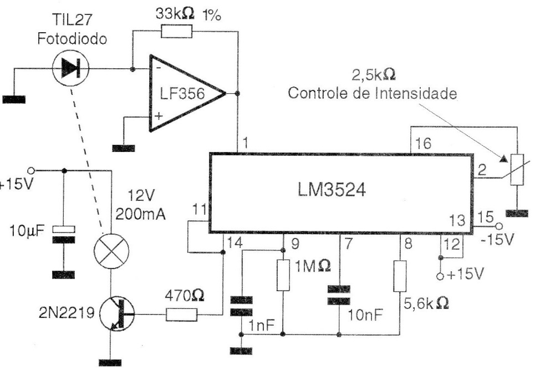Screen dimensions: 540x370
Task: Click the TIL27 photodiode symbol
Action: pyautogui.click(x=70, y=69)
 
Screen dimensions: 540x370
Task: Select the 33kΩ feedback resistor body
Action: pyautogui.click(x=177, y=32)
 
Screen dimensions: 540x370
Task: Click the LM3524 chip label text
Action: pyautogui.click(x=332, y=190)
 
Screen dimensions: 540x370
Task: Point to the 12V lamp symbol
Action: pyautogui.click(x=111, y=250)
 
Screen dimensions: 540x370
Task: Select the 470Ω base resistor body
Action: pyautogui.click(x=181, y=315)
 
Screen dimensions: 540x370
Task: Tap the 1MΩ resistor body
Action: pyautogui.click(x=283, y=275)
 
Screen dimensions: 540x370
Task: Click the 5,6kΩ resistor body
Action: pyautogui.click(x=400, y=276)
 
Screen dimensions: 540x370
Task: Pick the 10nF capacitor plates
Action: pyautogui.click(x=339, y=295)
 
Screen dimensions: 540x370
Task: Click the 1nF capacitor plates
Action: pyautogui.click(x=241, y=306)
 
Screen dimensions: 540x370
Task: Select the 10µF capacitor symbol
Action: pyautogui.click(x=64, y=235)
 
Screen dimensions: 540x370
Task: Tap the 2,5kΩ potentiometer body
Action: pyautogui.click(x=517, y=170)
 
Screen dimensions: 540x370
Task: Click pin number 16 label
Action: pyautogui.click(x=423, y=143)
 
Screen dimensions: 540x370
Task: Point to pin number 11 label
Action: pyautogui.click(x=200, y=210)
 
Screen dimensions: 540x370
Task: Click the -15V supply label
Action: pyautogui.click(x=497, y=239)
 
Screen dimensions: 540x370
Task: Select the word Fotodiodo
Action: pyautogui.click(x=72, y=38)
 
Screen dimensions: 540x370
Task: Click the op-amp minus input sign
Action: pyautogui.click(x=159, y=68)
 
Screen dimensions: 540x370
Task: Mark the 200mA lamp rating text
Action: pyautogui.click(x=140, y=214)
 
